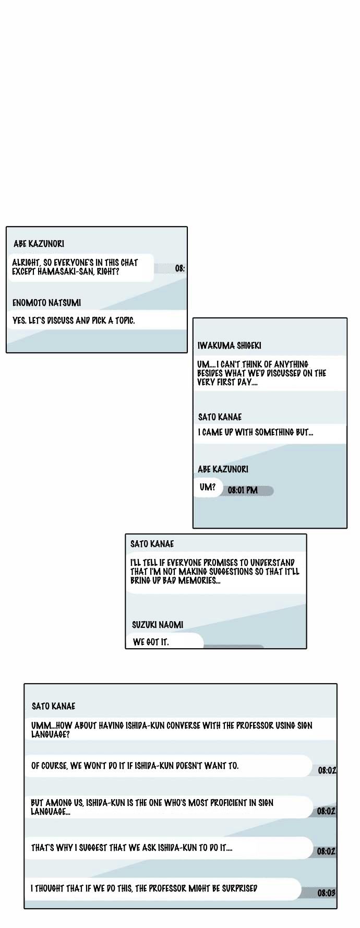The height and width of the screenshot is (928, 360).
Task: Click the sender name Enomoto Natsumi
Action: pos(46,303)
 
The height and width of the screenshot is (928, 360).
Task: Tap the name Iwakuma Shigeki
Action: pos(230,346)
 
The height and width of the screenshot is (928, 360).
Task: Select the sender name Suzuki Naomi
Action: pos(158,625)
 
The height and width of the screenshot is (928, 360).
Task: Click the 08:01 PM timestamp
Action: pos(243,491)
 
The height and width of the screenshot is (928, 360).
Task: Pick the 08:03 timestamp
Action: pos(327,893)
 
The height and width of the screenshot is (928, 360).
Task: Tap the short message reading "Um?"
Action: pos(208,487)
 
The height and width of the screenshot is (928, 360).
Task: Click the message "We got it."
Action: pos(151,642)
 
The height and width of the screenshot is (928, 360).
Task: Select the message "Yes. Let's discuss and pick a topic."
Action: pos(74,320)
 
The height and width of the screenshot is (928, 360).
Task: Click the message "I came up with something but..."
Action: pos(256,432)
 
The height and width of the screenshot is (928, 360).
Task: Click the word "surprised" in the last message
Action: pos(239,888)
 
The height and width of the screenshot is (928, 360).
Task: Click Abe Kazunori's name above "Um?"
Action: pos(223,469)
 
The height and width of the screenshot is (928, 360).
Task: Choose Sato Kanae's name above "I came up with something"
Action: pos(220,417)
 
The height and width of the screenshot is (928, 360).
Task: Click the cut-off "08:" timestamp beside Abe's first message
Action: pos(180,268)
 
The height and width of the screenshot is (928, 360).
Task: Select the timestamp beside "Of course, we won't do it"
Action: pos(327,770)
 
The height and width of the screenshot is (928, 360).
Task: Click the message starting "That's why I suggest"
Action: pos(131,848)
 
